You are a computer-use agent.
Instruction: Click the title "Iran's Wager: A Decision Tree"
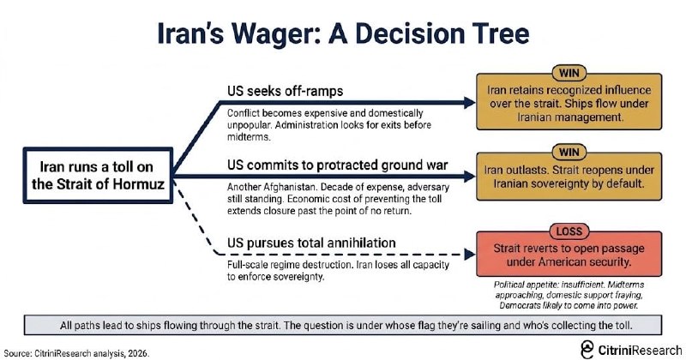tap(343, 33)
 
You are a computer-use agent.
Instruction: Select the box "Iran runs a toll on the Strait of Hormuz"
tap(98, 176)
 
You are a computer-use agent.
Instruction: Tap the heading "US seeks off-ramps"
tap(286, 91)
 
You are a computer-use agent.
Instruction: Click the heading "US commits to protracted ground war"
tap(337, 165)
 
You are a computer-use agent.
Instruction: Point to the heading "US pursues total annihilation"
tap(311, 243)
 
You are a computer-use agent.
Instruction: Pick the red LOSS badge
tap(569, 231)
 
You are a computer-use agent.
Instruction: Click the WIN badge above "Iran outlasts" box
tap(569, 153)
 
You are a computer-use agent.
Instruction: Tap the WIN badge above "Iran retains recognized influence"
tap(569, 73)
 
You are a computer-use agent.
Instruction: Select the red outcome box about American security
tap(569, 255)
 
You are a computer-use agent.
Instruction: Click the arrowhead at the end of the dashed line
tap(470, 255)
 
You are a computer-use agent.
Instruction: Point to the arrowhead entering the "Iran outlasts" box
tap(470, 177)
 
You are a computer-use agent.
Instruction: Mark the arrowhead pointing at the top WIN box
tap(470, 103)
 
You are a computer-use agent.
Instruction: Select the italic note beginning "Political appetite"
tap(569, 295)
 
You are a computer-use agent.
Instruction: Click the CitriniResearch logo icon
tap(587, 350)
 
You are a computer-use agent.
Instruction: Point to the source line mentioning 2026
tap(76, 353)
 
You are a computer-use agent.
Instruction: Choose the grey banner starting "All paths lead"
tap(343, 325)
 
